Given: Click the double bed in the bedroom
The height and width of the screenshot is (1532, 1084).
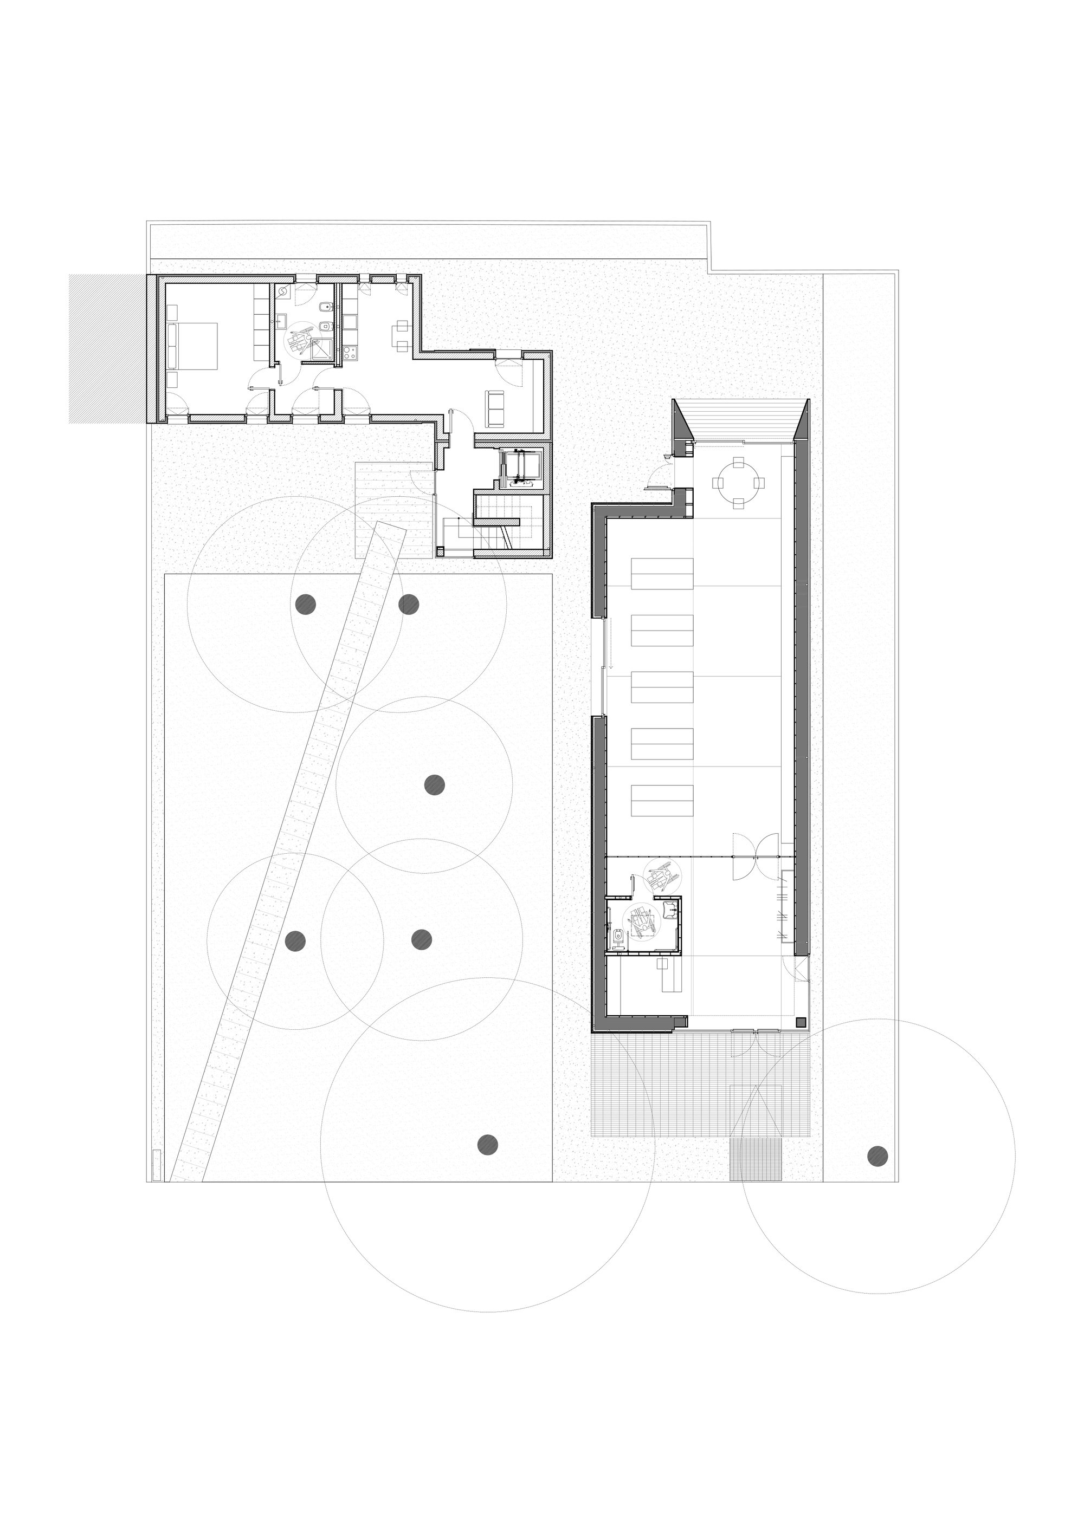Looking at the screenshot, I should [x=195, y=346].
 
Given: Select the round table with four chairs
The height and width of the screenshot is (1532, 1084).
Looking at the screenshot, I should [x=738, y=483].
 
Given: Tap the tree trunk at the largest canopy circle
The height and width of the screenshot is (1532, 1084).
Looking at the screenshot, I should [x=488, y=1144].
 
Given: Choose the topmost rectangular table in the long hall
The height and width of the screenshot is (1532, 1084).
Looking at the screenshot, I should [x=662, y=574].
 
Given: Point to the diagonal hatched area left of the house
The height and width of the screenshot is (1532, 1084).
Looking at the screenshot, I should [x=107, y=348].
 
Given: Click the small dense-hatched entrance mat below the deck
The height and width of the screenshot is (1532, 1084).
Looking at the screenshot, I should [x=756, y=1160].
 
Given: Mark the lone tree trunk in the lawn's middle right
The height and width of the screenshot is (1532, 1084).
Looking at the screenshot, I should [x=435, y=784].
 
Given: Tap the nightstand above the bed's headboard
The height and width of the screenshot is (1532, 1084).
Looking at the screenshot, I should [x=172, y=311].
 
